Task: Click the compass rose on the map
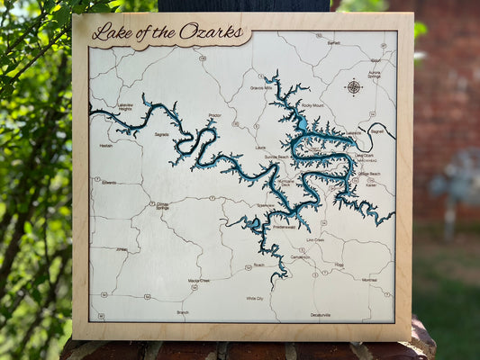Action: click(353, 87)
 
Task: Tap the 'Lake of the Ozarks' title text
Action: click(158, 31)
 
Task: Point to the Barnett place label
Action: click(333, 42)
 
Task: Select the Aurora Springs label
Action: click(374, 75)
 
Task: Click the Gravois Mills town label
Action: click(262, 87)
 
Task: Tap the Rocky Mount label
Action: click(312, 105)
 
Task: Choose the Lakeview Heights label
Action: click(125, 107)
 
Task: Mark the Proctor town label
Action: click(214, 115)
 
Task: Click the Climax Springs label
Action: click(163, 206)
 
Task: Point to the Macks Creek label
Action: click(198, 280)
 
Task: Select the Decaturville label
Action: click(321, 315)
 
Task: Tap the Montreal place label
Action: click(369, 280)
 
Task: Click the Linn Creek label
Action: click(315, 240)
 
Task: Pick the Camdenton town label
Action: click(300, 256)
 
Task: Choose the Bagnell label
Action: click(376, 130)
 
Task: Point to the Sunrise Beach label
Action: click(276, 157)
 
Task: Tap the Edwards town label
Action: click(109, 182)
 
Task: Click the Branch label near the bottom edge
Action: click(183, 312)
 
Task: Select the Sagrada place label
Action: click(161, 134)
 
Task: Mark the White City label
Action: click(255, 298)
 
